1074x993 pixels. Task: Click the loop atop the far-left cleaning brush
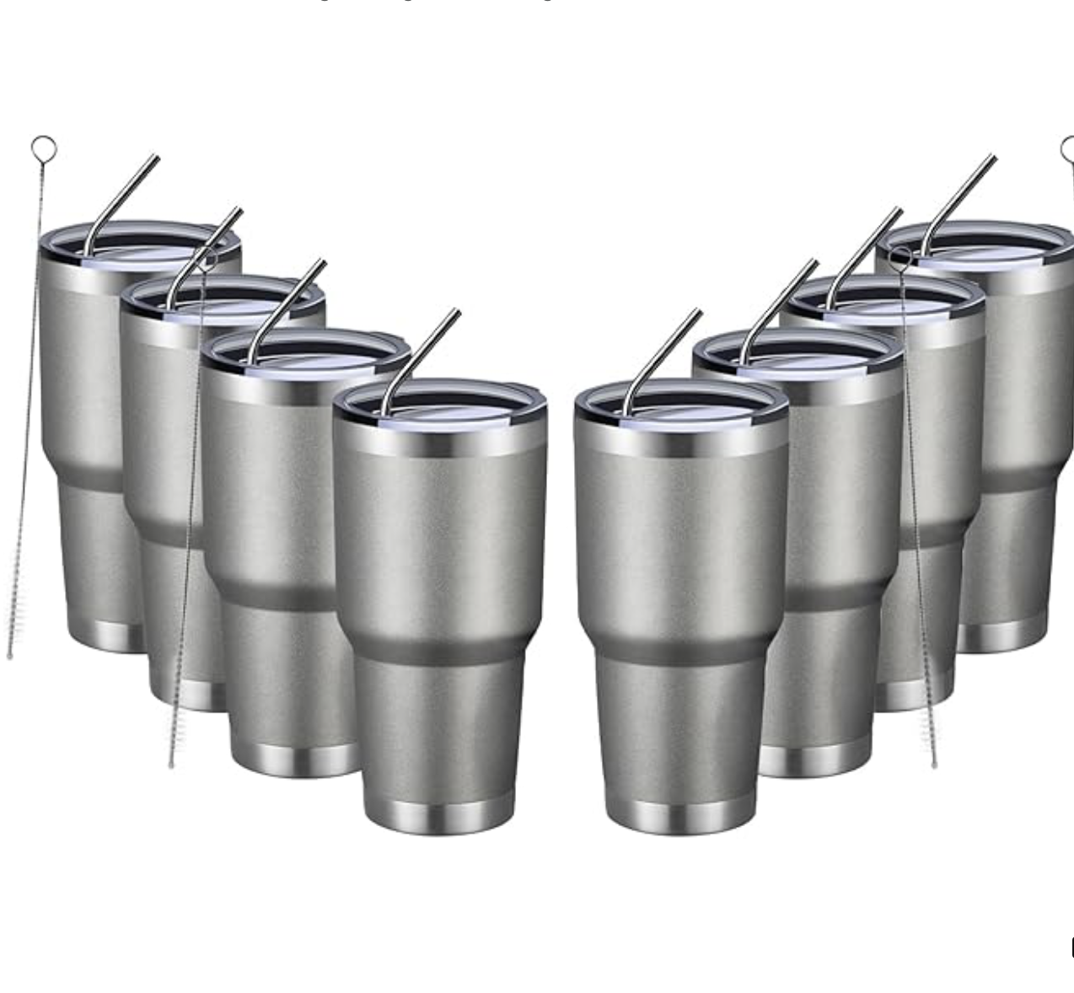(44, 149)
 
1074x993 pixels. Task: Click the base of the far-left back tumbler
(105, 636)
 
